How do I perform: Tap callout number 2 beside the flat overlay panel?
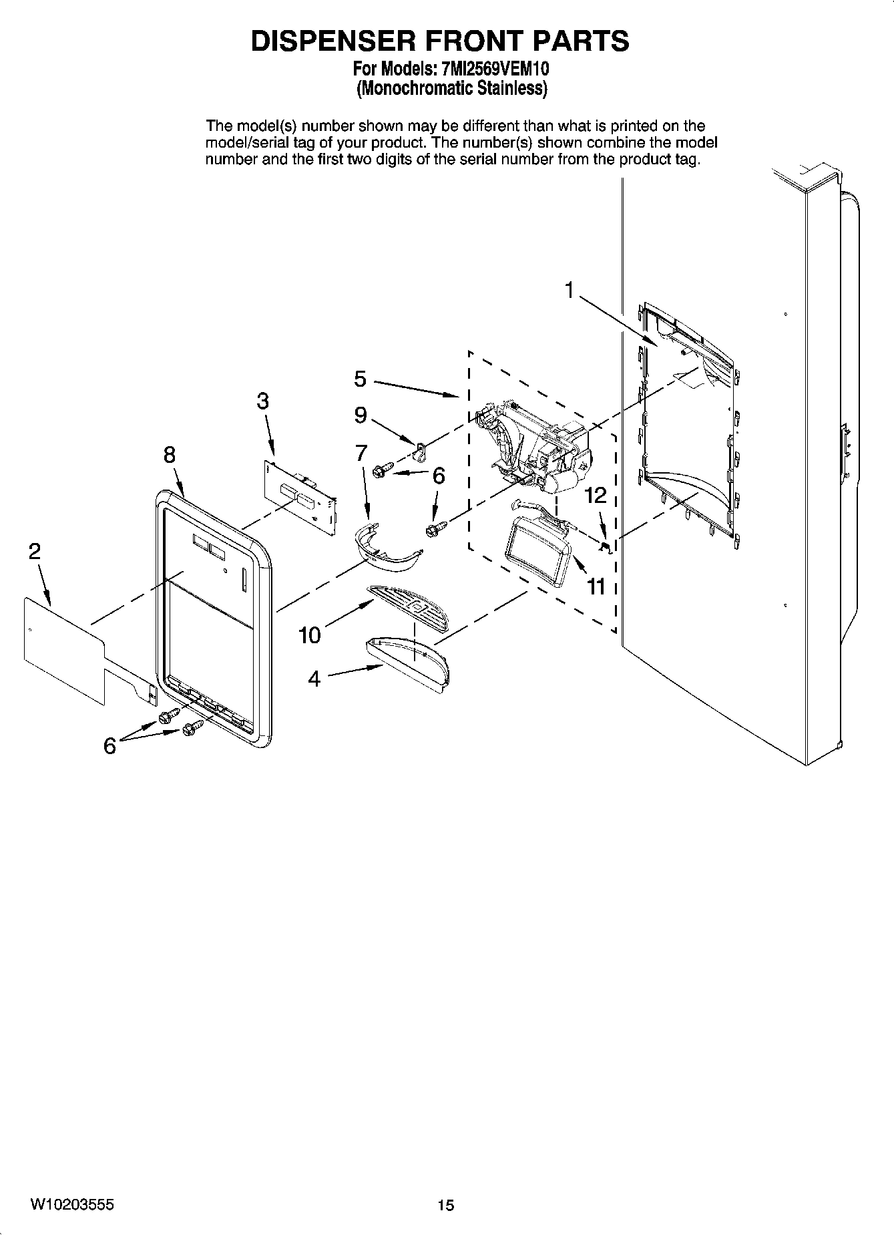click(x=34, y=551)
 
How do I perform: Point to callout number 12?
click(x=596, y=495)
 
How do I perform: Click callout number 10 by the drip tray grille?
click(x=310, y=635)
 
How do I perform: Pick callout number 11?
click(x=596, y=586)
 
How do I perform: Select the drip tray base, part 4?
click(x=409, y=663)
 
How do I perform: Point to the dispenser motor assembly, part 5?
click(x=534, y=448)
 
